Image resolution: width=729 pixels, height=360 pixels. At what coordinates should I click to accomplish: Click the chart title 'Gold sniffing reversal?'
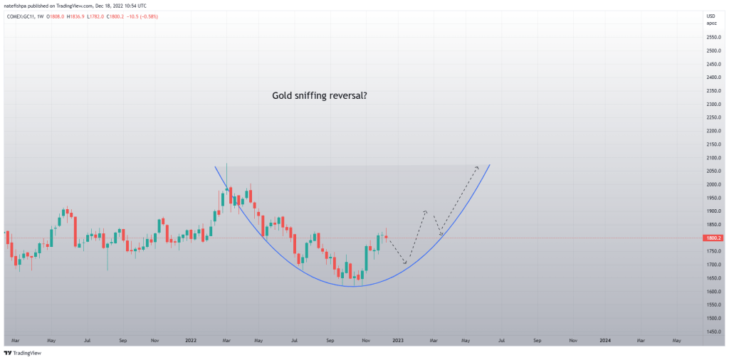(x=320, y=95)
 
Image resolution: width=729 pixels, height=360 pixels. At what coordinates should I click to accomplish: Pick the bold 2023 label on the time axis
(x=397, y=341)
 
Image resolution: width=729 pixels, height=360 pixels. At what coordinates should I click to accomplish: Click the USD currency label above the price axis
(x=709, y=16)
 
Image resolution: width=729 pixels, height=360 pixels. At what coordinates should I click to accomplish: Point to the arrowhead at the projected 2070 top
(x=477, y=168)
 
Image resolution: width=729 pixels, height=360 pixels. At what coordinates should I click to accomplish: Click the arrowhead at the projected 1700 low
(x=406, y=263)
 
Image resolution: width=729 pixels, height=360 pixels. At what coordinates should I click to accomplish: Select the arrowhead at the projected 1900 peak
(x=426, y=211)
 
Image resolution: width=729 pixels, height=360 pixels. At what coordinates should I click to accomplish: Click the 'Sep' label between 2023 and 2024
(x=537, y=341)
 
